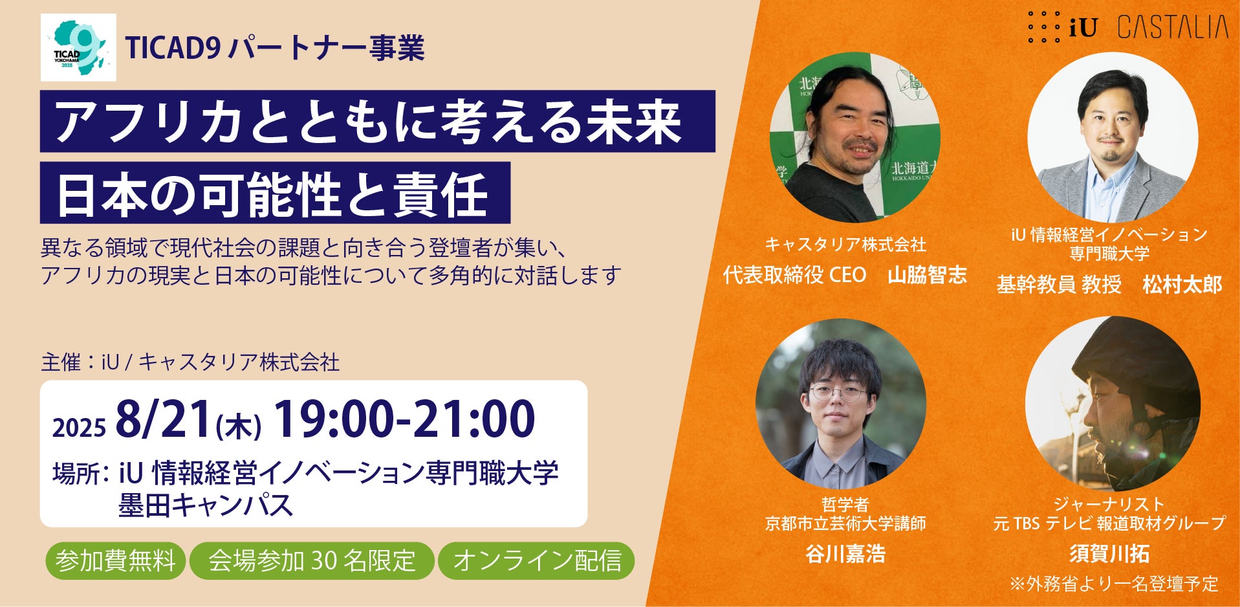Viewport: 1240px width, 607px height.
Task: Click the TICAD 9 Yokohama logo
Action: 78,47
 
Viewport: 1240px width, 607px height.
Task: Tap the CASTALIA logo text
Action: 1173,28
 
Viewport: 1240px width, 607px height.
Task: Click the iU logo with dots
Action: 1063,27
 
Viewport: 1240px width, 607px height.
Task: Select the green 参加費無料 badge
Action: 115,560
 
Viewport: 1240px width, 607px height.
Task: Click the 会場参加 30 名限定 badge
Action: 312,560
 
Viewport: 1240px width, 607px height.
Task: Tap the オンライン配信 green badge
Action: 536,560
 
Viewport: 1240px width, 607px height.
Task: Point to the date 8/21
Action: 164,419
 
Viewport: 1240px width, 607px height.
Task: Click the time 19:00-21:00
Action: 405,419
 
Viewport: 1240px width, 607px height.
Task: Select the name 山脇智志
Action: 927,275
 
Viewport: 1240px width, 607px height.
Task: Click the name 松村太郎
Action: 1182,285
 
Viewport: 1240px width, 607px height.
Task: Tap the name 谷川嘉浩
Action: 845,554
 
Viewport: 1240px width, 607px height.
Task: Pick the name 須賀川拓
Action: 1109,554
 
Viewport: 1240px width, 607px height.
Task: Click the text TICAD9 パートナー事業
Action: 275,48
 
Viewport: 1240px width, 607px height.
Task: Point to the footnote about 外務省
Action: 1114,584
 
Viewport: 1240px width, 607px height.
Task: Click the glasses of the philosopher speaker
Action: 838,393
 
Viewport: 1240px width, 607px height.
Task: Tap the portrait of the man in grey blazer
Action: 1113,138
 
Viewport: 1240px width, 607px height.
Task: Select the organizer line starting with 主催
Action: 190,362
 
